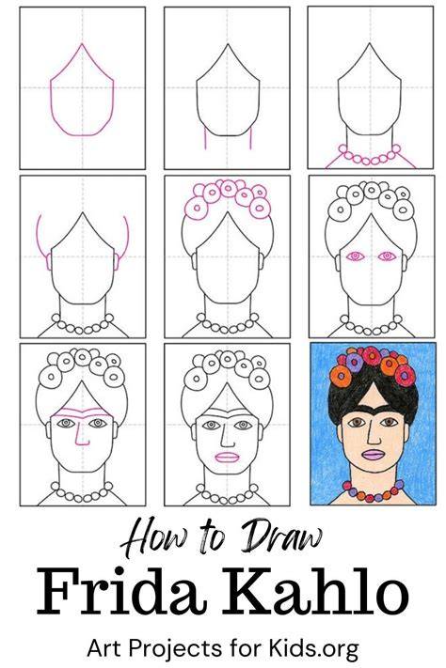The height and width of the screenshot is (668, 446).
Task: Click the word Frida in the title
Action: point(120,592)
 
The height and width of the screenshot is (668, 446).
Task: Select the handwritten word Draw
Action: point(281,536)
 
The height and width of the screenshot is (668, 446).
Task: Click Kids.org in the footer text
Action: point(313,648)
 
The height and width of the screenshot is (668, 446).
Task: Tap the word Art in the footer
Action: point(105,648)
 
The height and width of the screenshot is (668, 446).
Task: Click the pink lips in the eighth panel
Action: point(227,457)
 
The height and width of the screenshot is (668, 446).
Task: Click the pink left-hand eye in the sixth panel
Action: point(356,256)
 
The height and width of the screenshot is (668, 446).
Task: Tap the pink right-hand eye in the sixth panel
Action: point(387,256)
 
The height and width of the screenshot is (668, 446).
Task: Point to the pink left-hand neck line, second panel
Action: point(205,138)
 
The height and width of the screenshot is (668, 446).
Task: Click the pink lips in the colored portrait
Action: point(374,455)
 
